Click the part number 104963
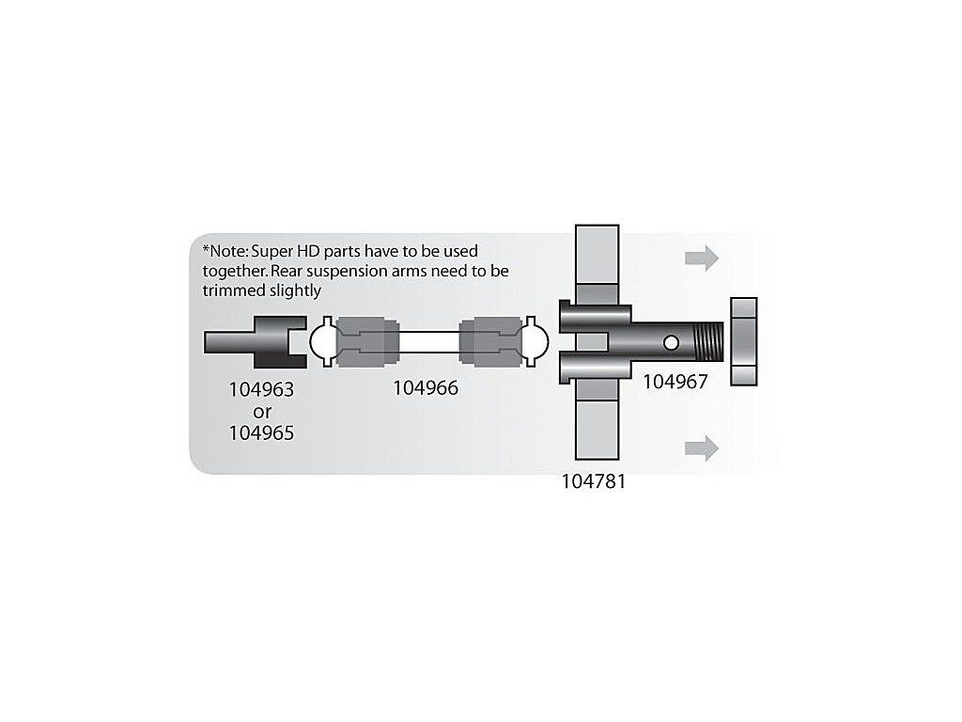coord(262,387)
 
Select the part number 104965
coord(262,432)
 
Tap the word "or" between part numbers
coord(262,410)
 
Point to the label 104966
coord(426,387)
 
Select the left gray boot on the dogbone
coord(362,342)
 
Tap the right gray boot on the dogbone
coord(489,342)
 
